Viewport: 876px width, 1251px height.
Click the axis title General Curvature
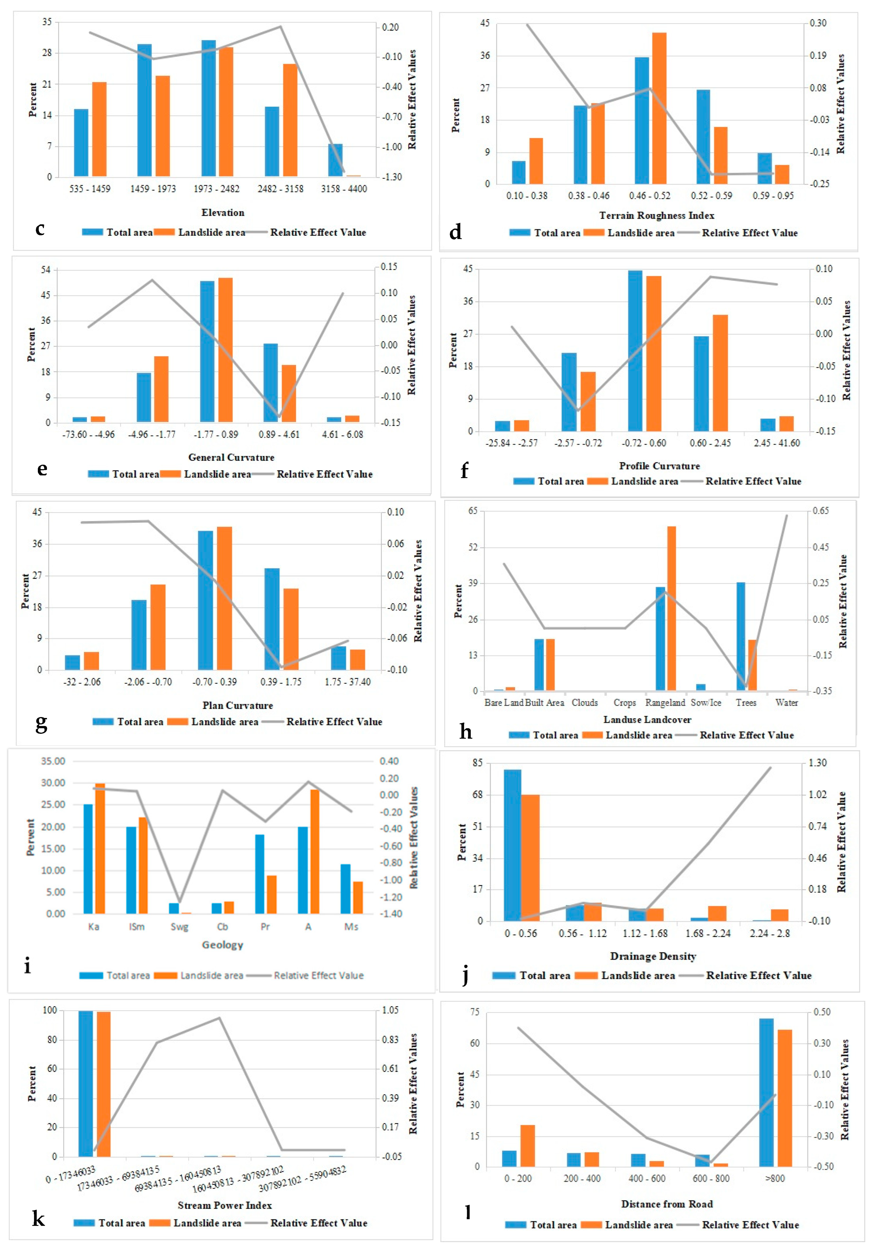click(231, 457)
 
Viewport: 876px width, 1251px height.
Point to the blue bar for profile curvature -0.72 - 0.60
click(635, 351)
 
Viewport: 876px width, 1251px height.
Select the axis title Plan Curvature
click(238, 705)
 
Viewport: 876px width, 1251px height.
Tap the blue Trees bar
click(740, 636)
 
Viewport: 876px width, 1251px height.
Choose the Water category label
click(786, 703)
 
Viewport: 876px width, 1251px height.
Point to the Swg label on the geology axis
click(179, 927)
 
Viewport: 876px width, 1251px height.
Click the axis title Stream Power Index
click(224, 1205)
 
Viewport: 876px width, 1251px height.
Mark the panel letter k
click(38, 1218)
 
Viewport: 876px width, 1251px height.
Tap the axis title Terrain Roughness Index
click(657, 216)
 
